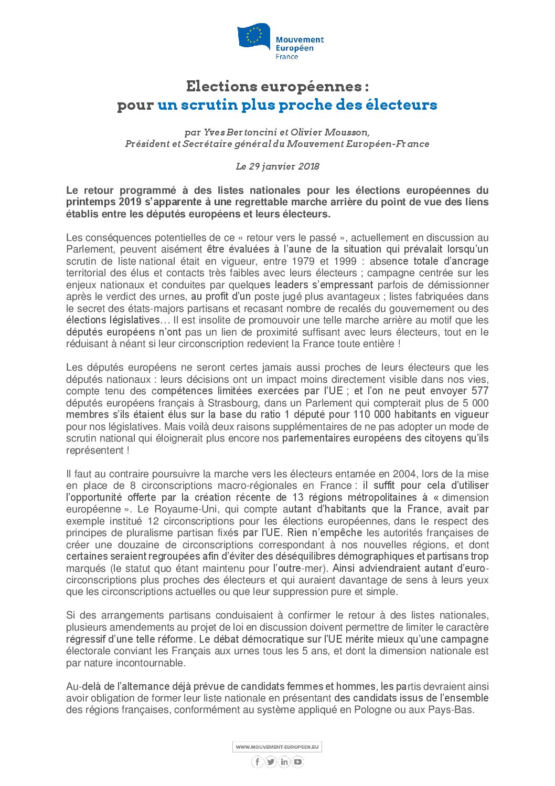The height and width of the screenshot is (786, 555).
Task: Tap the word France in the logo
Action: click(287, 57)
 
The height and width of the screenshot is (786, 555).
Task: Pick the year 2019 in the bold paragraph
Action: click(131, 202)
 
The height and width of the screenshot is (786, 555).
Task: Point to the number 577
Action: click(479, 391)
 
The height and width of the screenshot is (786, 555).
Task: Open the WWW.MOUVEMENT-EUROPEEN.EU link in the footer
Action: click(277, 747)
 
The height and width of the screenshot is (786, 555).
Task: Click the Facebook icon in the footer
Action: click(257, 762)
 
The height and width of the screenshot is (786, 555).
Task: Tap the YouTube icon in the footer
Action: click(297, 762)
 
